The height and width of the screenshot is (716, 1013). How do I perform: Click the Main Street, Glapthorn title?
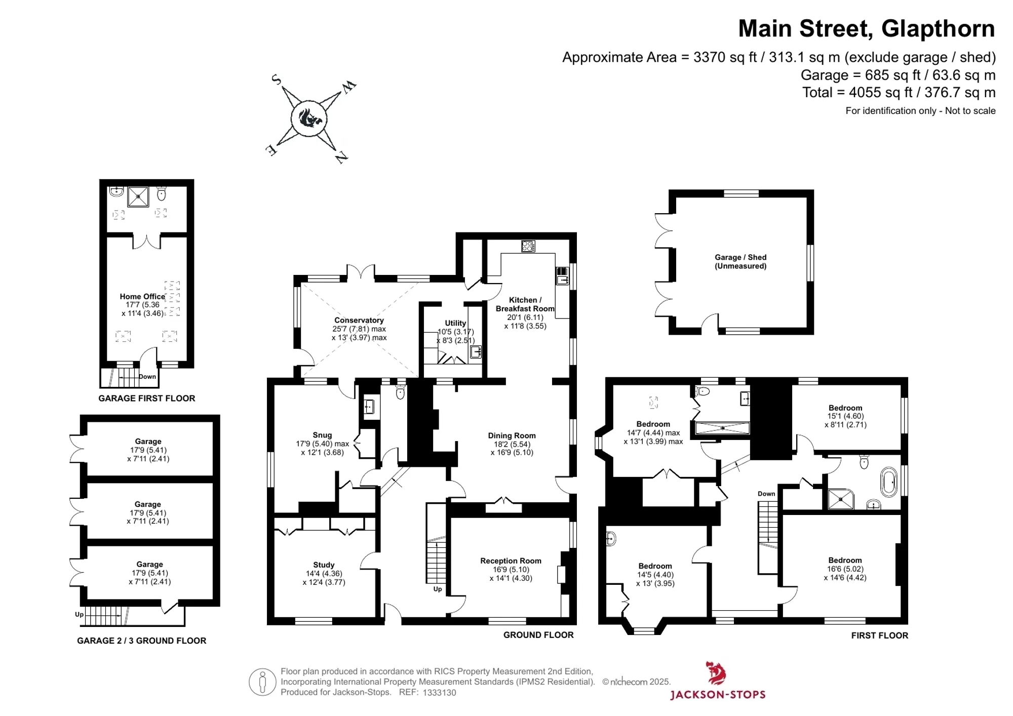click(866, 28)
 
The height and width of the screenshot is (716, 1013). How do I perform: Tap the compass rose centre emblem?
click(309, 118)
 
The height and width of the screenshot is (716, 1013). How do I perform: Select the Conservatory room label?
click(359, 320)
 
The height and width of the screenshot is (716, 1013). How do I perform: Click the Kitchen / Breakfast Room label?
click(525, 304)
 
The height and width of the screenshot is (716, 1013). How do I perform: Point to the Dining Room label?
click(512, 435)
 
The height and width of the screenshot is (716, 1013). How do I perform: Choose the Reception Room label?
click(511, 561)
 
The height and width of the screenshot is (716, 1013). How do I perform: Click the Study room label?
click(324, 565)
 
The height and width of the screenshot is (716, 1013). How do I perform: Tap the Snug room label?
click(322, 435)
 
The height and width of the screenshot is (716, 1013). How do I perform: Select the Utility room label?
click(455, 323)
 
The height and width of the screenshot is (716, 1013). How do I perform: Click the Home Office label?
click(142, 296)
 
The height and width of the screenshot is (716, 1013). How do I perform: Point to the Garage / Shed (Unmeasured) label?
click(741, 261)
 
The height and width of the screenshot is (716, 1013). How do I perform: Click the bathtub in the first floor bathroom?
click(889, 483)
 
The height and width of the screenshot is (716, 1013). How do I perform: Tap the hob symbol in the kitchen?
click(528, 246)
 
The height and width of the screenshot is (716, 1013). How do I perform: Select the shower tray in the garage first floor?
click(138, 197)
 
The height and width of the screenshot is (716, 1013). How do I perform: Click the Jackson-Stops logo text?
click(718, 694)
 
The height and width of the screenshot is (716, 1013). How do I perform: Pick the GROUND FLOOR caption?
click(538, 635)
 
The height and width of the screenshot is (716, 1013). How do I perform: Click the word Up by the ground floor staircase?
click(438, 589)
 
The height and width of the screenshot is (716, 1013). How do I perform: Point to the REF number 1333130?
click(439, 692)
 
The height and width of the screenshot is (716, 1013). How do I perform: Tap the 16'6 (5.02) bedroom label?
click(845, 569)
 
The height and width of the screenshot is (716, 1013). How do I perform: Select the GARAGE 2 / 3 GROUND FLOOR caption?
click(142, 641)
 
